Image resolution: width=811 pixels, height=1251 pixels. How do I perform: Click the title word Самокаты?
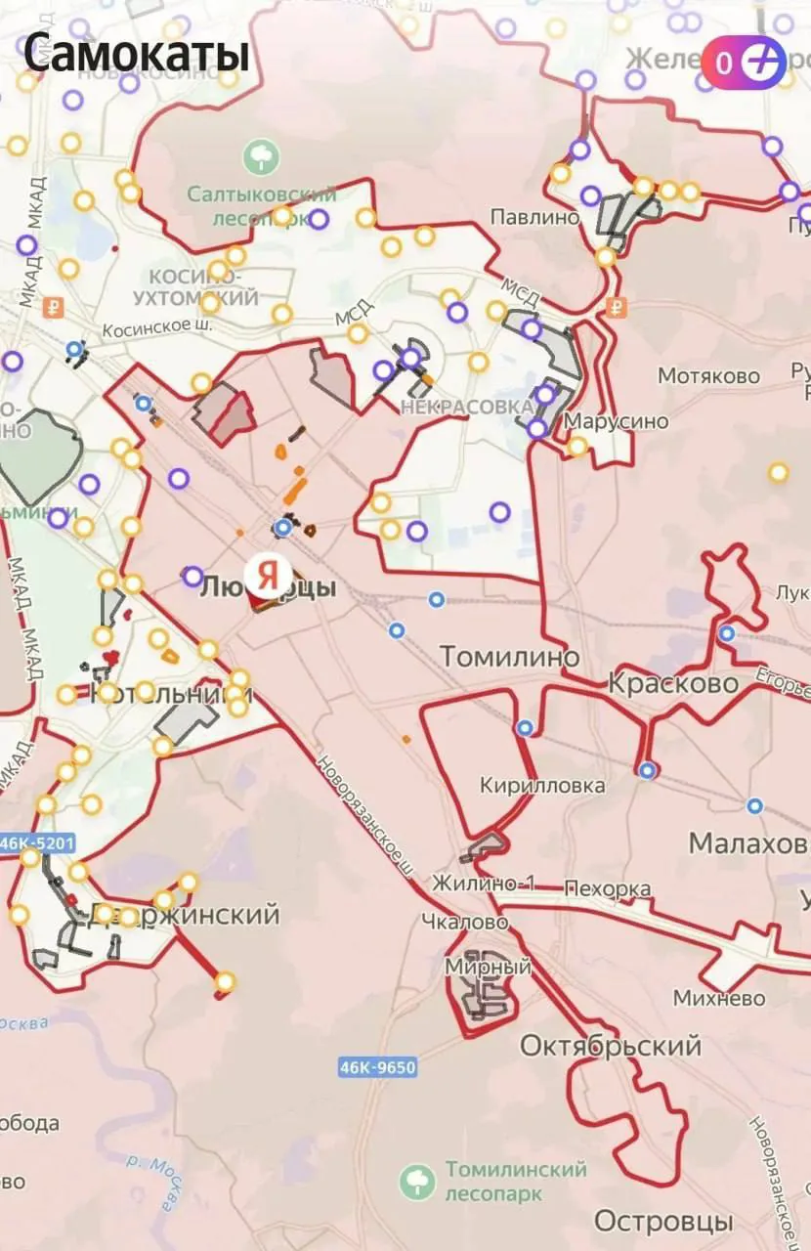coord(136,54)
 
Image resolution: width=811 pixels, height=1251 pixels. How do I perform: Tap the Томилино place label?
coord(509,656)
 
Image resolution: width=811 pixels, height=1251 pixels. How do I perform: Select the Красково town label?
coord(673,683)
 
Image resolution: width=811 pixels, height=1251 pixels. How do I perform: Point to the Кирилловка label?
coord(542,786)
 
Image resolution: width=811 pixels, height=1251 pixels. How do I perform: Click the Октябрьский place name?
coord(610,1046)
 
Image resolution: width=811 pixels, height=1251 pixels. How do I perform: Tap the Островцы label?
coord(663,1221)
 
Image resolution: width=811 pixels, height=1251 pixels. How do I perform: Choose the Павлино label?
coord(534,217)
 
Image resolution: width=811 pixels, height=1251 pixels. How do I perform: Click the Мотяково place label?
coord(708,376)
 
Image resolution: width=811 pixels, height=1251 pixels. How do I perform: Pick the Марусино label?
coord(617,421)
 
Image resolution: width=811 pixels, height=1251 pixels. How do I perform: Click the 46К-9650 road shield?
coord(378,1067)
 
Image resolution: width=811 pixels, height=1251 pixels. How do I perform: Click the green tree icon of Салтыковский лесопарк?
coord(261,156)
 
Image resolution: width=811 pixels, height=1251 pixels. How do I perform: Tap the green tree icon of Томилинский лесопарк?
coord(417,1182)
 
